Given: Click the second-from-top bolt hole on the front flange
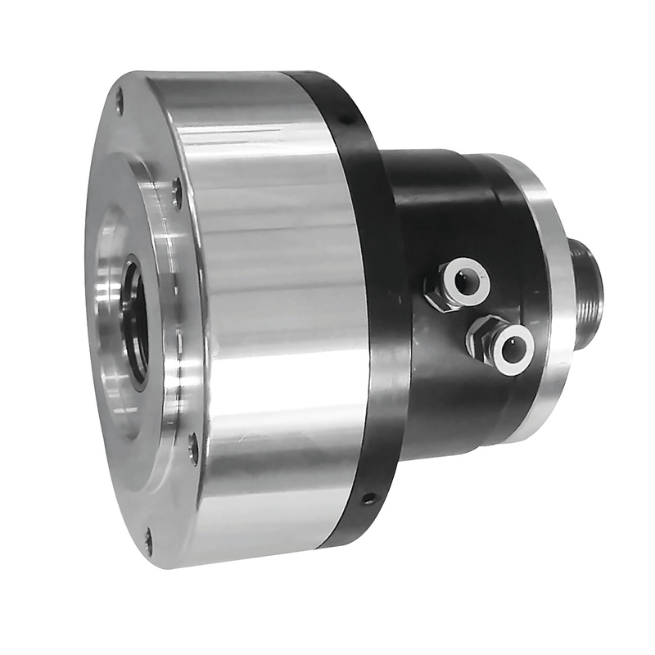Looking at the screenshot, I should point(177,192).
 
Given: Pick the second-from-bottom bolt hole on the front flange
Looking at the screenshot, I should point(193,447).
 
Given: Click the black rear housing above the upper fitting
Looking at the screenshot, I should point(434,205).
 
